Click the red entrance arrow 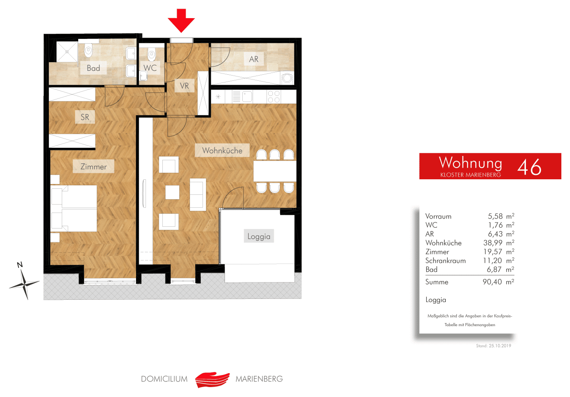click(x=181, y=20)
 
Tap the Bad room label click(x=93, y=68)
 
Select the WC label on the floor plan click(x=150, y=68)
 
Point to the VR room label click(x=184, y=86)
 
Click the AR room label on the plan click(x=254, y=59)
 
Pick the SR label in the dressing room click(x=85, y=117)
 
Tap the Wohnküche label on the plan click(x=222, y=150)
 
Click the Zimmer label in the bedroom click(x=93, y=166)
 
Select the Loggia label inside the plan click(x=259, y=236)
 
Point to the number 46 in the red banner click(x=529, y=167)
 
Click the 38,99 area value click(x=493, y=243)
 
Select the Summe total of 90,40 click(x=492, y=282)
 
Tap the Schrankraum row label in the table click(x=446, y=260)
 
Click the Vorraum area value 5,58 click(x=495, y=216)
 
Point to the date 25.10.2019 click(x=500, y=346)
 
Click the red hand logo click(x=212, y=380)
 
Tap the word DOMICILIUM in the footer click(x=164, y=379)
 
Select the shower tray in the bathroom click(x=67, y=52)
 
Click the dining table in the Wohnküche click(x=275, y=171)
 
